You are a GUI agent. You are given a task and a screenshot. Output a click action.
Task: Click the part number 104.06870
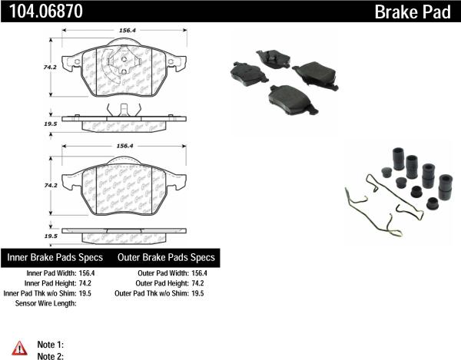(37, 11)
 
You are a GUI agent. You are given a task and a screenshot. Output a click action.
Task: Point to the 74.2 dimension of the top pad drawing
(50, 68)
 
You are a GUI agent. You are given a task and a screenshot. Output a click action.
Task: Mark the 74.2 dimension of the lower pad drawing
(50, 186)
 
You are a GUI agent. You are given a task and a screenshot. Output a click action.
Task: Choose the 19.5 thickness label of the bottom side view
(51, 236)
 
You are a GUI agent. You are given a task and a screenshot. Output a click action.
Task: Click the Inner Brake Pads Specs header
(56, 257)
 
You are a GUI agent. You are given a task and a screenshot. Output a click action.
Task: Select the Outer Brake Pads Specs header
(166, 257)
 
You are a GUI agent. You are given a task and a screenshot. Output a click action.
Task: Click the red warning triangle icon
(20, 346)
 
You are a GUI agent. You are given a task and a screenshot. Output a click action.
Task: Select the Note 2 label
(51, 355)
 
